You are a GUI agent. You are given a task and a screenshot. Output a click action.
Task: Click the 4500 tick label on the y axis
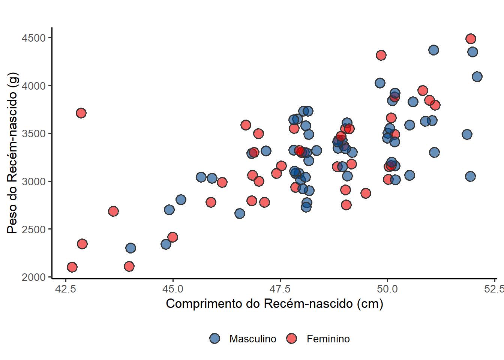pyautogui.click(x=34, y=38)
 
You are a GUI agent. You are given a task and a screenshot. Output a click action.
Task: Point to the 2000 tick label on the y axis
pyautogui.click(x=34, y=277)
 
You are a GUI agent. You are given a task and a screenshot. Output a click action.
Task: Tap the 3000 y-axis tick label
pyautogui.click(x=34, y=181)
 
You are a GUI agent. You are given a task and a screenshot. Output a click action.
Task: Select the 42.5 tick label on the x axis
pyautogui.click(x=66, y=289)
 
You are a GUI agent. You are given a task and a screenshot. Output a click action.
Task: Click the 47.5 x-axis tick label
pyautogui.click(x=280, y=289)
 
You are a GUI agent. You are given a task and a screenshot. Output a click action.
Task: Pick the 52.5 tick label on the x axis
pyautogui.click(x=494, y=289)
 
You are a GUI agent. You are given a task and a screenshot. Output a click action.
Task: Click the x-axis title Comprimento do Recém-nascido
pyautogui.click(x=274, y=303)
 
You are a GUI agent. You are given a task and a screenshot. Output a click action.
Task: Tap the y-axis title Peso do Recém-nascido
pyautogui.click(x=12, y=153)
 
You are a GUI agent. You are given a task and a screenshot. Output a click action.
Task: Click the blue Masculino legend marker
pyautogui.click(x=215, y=339)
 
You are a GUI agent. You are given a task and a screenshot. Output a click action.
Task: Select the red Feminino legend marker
pyautogui.click(x=291, y=339)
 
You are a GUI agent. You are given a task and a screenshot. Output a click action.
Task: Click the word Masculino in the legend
pyautogui.click(x=253, y=339)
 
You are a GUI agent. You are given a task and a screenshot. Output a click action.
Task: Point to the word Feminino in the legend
pyautogui.click(x=328, y=339)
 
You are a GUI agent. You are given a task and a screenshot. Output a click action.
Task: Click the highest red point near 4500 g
pyautogui.click(x=471, y=39)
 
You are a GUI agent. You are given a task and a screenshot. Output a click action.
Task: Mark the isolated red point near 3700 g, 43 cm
pyautogui.click(x=81, y=113)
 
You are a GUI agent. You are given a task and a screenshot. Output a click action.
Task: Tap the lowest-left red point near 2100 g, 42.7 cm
pyautogui.click(x=72, y=267)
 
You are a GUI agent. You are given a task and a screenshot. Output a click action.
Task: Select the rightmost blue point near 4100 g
pyautogui.click(x=477, y=76)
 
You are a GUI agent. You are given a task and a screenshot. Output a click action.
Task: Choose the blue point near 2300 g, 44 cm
pyautogui.click(x=130, y=248)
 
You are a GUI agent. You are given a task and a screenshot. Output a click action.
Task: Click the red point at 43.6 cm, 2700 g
pyautogui.click(x=113, y=211)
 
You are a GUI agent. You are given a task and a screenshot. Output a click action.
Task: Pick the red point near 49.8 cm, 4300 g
pyautogui.click(x=381, y=55)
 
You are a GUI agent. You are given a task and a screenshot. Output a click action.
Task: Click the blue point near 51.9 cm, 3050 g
pyautogui.click(x=470, y=176)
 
